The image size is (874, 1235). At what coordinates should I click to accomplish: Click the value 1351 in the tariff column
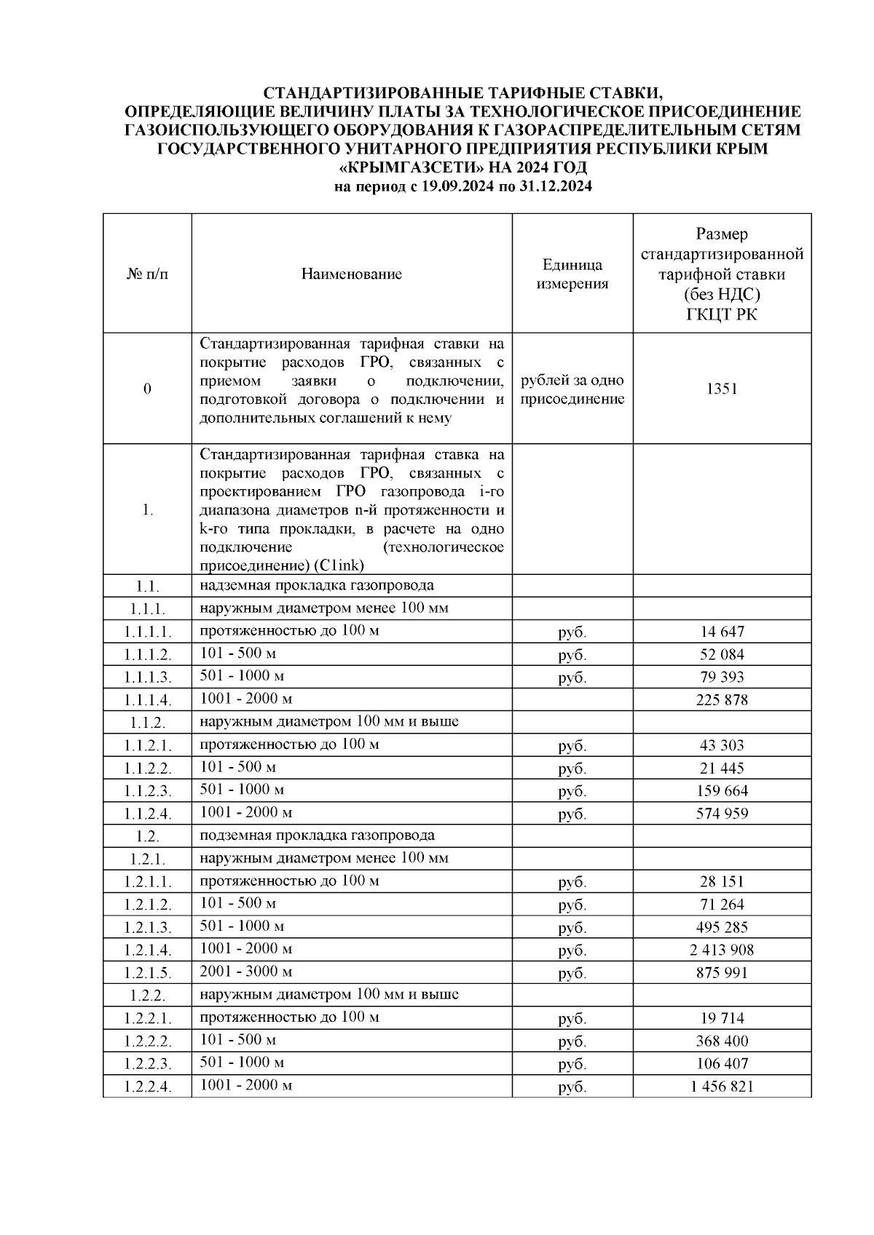pyautogui.click(x=721, y=389)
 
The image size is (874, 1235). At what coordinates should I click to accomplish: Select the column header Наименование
pyautogui.click(x=351, y=274)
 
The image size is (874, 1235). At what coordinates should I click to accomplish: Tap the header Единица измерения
pyautogui.click(x=572, y=274)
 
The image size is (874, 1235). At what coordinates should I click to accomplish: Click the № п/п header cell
pyautogui.click(x=147, y=274)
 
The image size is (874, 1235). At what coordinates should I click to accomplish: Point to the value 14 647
pyautogui.click(x=722, y=632)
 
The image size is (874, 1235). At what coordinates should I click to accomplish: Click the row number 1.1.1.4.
pyautogui.click(x=147, y=700)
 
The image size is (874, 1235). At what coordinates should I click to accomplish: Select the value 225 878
pyautogui.click(x=722, y=700)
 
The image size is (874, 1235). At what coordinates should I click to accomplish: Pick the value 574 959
pyautogui.click(x=722, y=814)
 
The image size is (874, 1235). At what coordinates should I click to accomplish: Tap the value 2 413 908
pyautogui.click(x=722, y=950)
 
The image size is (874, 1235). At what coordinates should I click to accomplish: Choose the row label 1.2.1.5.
pyautogui.click(x=147, y=973)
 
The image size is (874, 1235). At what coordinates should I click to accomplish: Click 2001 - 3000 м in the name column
pyautogui.click(x=246, y=972)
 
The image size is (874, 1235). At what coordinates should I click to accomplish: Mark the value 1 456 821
pyautogui.click(x=722, y=1087)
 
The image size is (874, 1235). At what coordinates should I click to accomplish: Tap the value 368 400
pyautogui.click(x=722, y=1041)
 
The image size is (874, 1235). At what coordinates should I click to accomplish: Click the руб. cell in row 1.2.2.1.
pyautogui.click(x=572, y=1019)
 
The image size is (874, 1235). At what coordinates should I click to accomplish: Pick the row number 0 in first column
pyautogui.click(x=147, y=389)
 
